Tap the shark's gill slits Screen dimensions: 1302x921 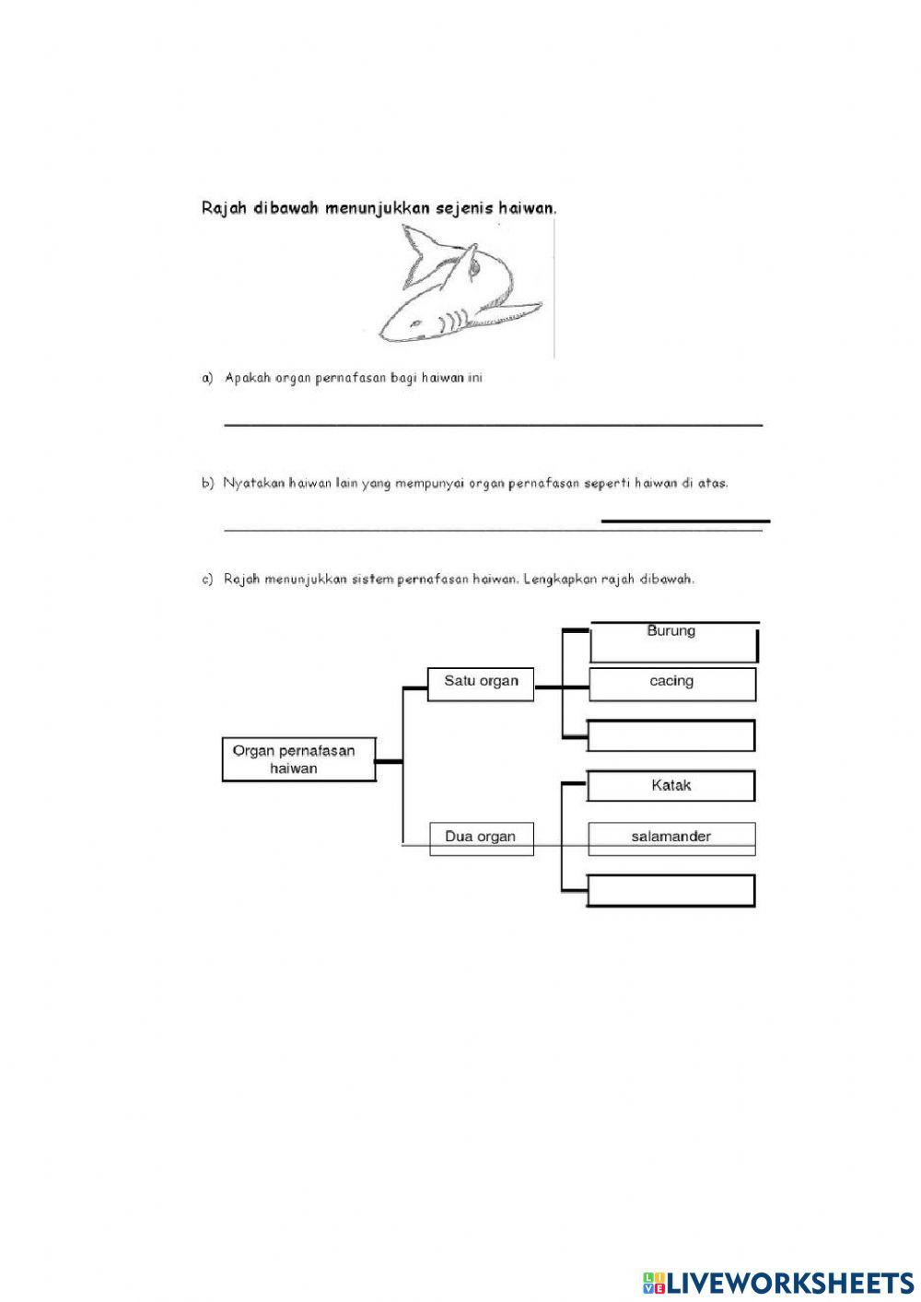pyautogui.click(x=448, y=323)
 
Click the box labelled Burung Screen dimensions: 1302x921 pyautogui.click(x=672, y=641)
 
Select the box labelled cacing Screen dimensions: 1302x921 pyautogui.click(x=671, y=684)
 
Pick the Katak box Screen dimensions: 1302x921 pyautogui.click(x=670, y=786)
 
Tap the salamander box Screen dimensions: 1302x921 pyautogui.click(x=671, y=838)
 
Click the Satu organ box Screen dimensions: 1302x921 pyautogui.click(x=481, y=683)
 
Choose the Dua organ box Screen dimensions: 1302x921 pyautogui.click(x=481, y=838)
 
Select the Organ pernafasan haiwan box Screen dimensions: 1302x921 pyautogui.click(x=298, y=759)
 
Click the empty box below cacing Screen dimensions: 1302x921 pyautogui.click(x=671, y=735)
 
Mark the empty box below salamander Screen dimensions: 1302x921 pyautogui.click(x=671, y=891)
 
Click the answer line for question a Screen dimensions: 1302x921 pyautogui.click(x=493, y=423)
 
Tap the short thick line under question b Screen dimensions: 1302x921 pyautogui.click(x=685, y=522)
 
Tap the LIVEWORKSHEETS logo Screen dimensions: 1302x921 pyautogui.click(x=778, y=1283)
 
